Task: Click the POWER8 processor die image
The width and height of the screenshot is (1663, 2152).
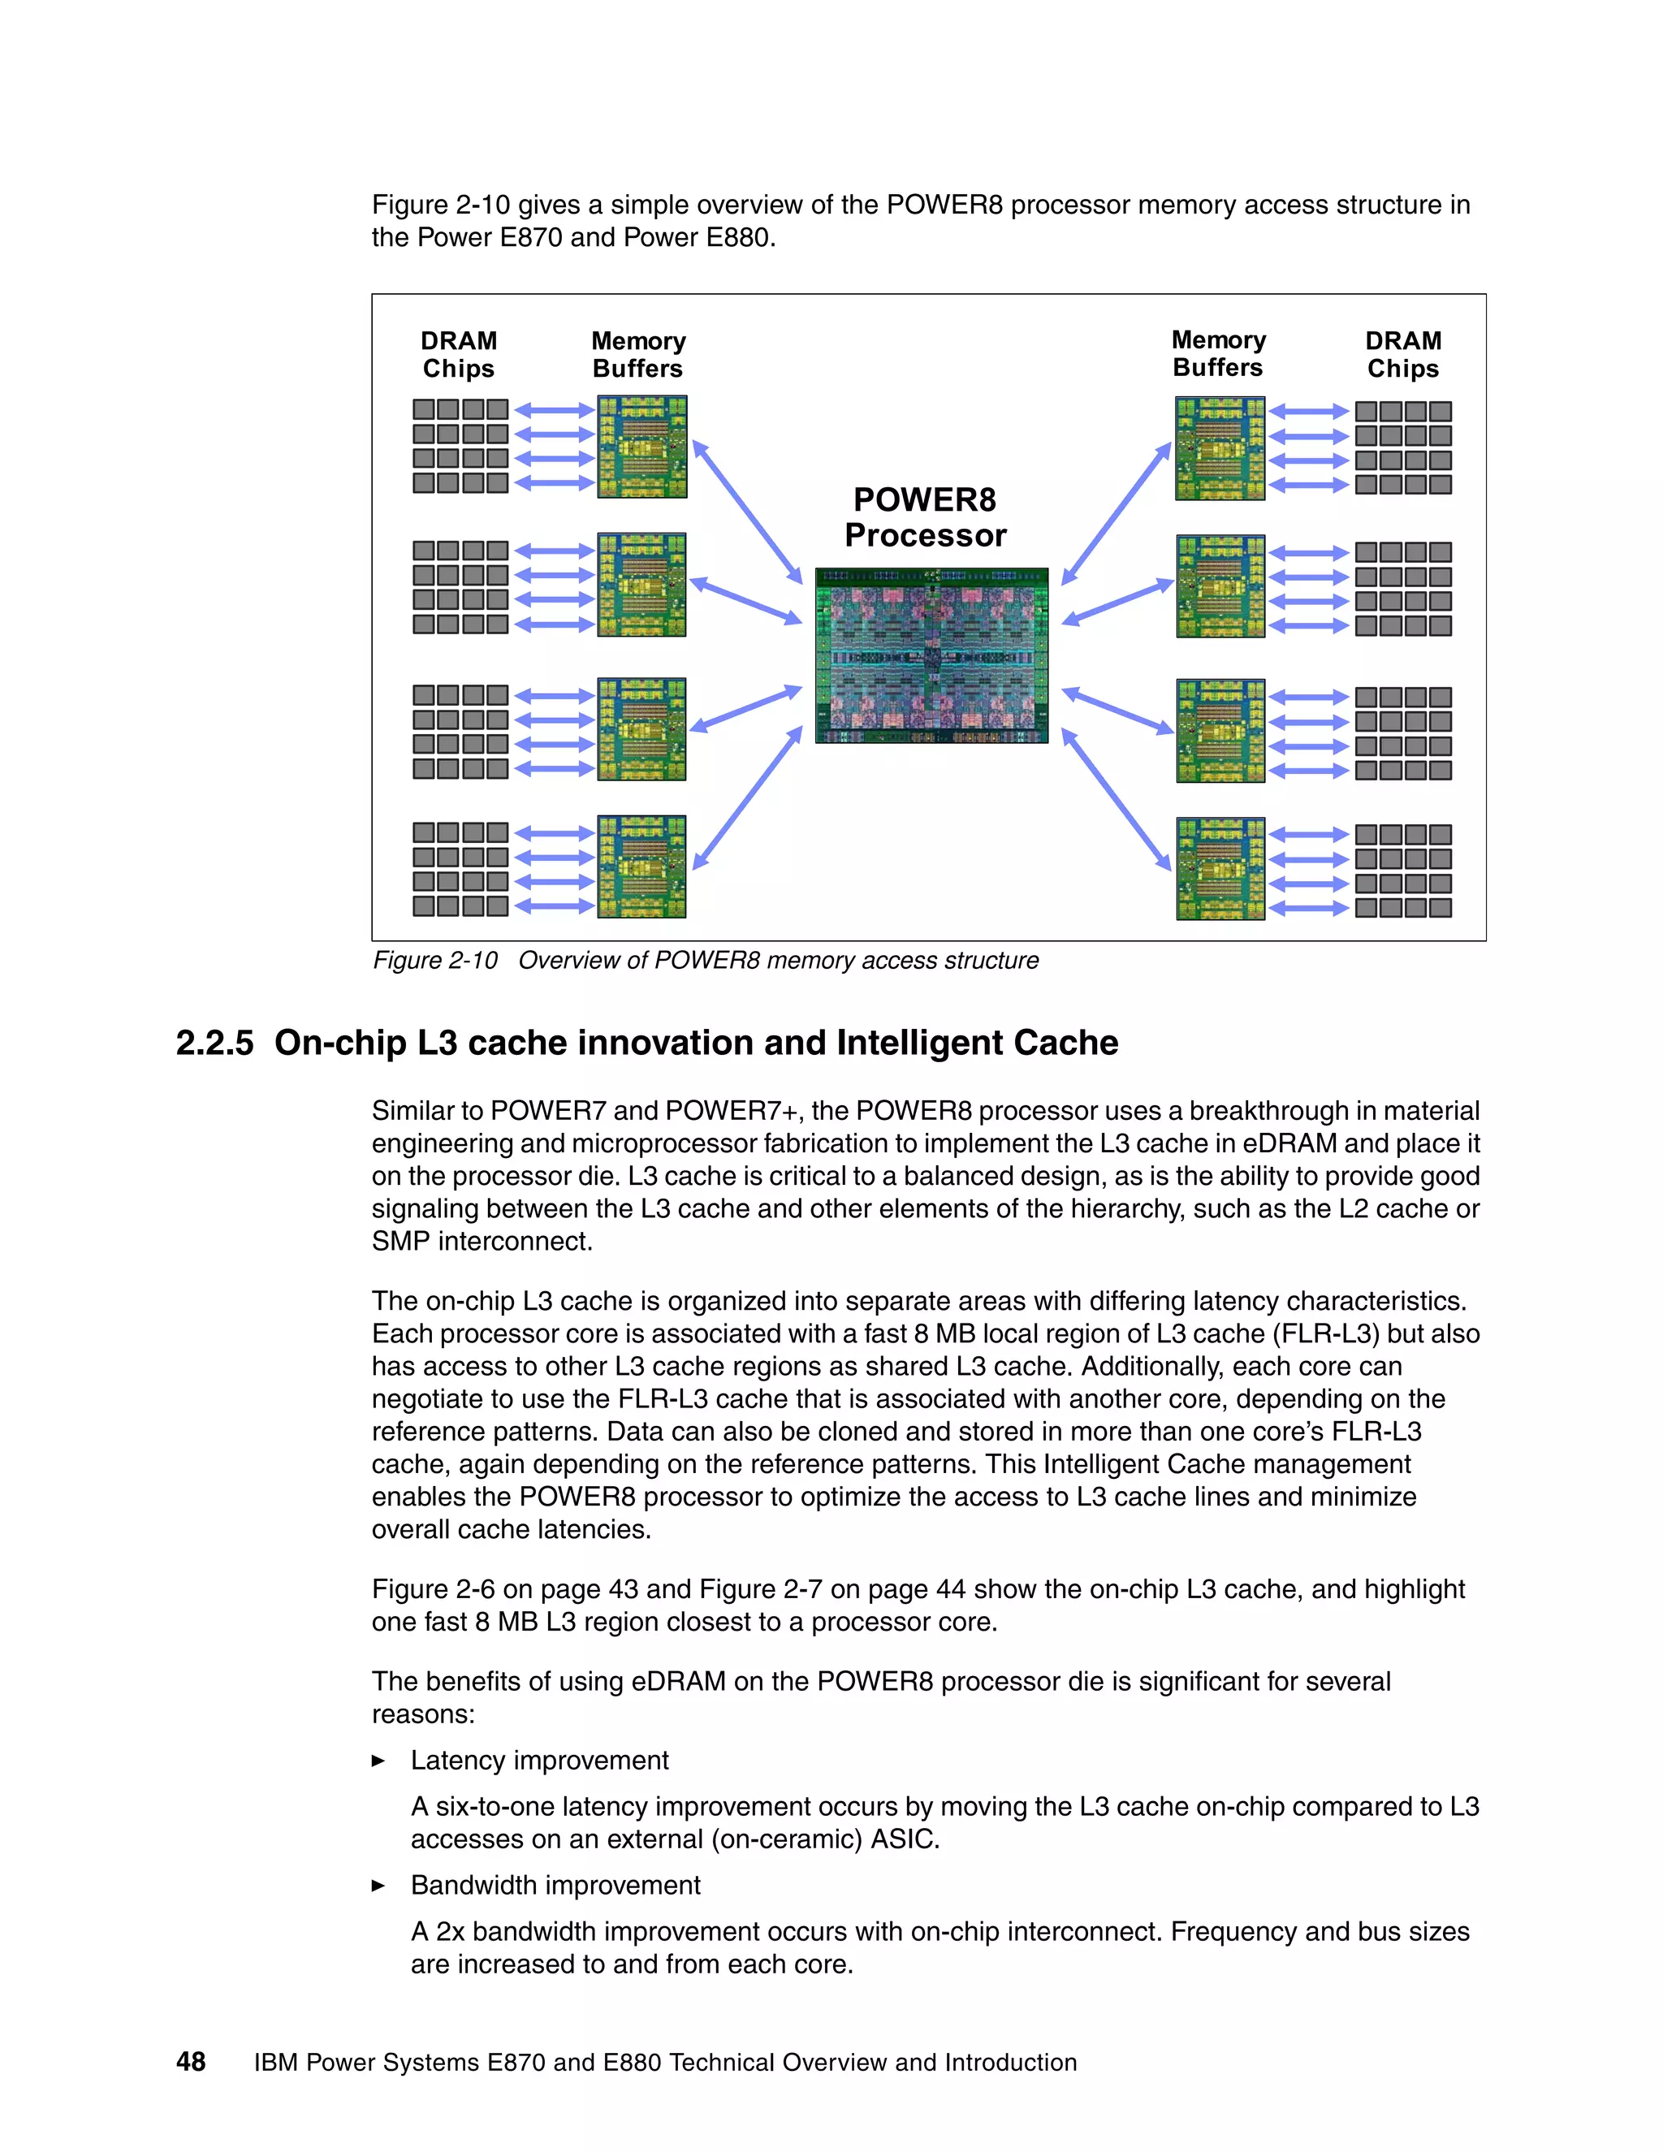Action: tap(931, 655)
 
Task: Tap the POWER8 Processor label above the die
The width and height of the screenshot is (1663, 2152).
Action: tap(925, 517)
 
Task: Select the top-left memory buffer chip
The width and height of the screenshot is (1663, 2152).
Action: tap(641, 447)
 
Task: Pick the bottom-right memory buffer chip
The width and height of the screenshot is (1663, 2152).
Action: tap(1220, 868)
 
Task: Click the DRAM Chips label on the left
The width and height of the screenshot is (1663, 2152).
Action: tap(458, 355)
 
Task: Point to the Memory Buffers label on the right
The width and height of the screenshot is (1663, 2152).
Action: tap(1218, 354)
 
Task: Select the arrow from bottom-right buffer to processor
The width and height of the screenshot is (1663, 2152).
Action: tap(1117, 800)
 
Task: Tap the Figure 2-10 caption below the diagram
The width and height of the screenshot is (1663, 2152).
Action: tap(706, 961)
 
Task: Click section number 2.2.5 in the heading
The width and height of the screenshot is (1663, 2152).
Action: tap(214, 1044)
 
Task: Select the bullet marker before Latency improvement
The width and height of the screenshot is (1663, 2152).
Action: tap(378, 1761)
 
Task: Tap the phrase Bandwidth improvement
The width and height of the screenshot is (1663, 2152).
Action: tap(555, 1886)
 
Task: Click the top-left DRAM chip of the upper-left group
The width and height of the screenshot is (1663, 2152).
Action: tap(424, 409)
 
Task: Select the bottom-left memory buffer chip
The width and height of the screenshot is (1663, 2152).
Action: tap(641, 866)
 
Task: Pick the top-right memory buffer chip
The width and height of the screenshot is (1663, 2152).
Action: tap(1220, 448)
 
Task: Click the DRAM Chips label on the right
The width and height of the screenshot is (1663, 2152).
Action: tap(1403, 355)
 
